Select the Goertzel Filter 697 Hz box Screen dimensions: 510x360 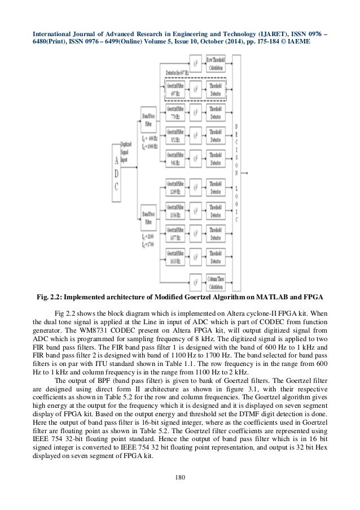click(x=174, y=89)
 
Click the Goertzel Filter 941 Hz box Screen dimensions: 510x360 click(x=174, y=159)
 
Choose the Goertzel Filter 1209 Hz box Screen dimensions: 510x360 click(x=174, y=187)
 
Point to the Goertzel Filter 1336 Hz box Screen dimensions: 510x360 click(x=174, y=211)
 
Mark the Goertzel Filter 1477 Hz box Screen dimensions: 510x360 click(x=174, y=235)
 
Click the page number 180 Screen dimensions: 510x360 click(x=180, y=495)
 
